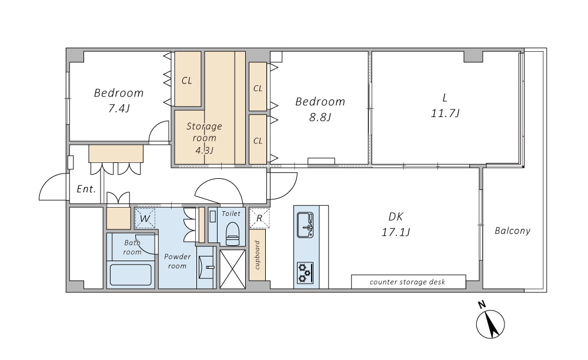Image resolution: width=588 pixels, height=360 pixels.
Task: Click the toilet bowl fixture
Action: click(232, 234)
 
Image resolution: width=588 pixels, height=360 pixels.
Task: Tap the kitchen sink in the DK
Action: click(305, 225)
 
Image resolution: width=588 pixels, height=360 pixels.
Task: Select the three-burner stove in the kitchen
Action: click(305, 272)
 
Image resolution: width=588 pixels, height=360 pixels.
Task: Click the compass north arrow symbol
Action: click(490, 324)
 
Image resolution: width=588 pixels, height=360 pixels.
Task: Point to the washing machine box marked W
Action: click(145, 218)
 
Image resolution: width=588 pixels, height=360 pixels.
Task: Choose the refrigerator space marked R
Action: click(259, 218)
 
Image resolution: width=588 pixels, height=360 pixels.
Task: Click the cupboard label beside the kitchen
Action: click(258, 255)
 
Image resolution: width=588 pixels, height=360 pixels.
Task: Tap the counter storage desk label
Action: click(407, 282)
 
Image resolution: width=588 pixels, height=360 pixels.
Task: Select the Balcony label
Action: click(512, 231)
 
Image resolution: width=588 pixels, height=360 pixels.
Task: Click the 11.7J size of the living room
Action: click(445, 114)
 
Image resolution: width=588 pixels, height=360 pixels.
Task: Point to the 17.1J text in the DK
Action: click(396, 232)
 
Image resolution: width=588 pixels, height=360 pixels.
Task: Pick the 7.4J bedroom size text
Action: click(119, 109)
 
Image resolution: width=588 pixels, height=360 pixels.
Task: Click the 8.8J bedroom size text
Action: click(320, 118)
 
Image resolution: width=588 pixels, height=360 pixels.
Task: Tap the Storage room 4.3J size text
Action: click(205, 151)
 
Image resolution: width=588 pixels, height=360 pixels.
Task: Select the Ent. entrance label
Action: click(86, 189)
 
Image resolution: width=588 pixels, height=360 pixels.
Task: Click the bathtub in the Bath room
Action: click(131, 275)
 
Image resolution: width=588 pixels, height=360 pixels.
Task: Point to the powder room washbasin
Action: click(206, 267)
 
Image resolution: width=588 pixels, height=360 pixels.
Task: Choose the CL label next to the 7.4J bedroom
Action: click(187, 81)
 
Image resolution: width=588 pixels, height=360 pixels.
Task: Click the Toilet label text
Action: click(231, 214)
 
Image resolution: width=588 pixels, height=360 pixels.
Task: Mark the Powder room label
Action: click(178, 261)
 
